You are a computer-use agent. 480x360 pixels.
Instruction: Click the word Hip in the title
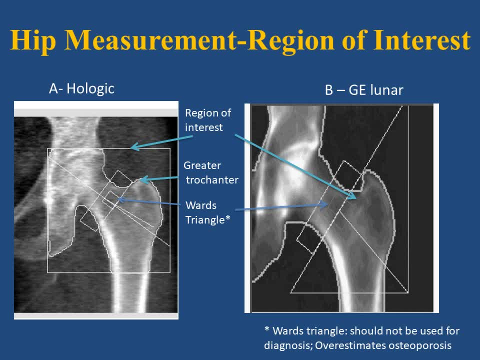[33, 40]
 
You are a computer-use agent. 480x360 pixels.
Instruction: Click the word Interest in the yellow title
[422, 40]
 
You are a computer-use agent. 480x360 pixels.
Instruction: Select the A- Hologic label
[81, 89]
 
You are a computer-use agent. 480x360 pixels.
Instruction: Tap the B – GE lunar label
[364, 90]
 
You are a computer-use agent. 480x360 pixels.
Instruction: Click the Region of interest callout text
[208, 120]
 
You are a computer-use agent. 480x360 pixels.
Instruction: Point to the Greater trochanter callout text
[211, 172]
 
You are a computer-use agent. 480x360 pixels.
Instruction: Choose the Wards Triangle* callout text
[207, 212]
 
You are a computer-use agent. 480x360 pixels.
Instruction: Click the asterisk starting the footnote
[267, 329]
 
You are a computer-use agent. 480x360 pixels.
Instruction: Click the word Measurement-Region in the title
[199, 40]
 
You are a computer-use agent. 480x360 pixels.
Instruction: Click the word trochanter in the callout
[212, 179]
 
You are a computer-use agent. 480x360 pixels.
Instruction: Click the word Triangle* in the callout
[207, 219]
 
